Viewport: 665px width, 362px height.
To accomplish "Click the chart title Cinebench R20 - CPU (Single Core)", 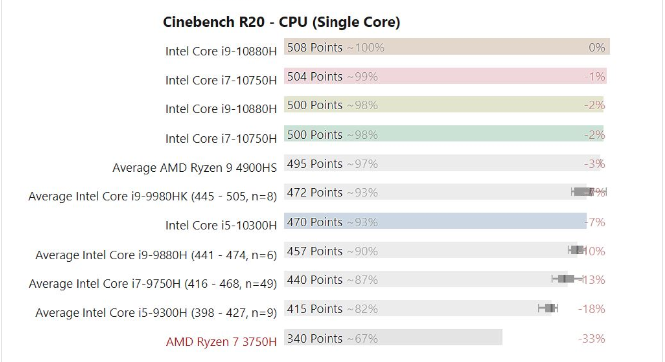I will (x=281, y=22).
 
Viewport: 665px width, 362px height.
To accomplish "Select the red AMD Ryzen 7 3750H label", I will (x=221, y=342).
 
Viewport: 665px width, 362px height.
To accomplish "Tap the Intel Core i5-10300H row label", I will (x=221, y=225).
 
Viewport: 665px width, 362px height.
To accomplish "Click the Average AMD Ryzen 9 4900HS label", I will (x=194, y=168).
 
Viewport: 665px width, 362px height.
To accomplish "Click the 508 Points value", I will (x=315, y=47).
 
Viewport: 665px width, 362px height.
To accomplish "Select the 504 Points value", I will (x=315, y=76).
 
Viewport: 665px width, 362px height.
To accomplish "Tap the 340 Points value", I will (x=315, y=338).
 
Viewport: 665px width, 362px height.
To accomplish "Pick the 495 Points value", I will (x=315, y=164).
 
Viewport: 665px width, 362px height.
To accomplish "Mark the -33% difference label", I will (x=591, y=339).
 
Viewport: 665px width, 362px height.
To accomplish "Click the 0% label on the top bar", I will (x=597, y=47).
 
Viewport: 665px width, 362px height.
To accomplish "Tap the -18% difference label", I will (x=591, y=309).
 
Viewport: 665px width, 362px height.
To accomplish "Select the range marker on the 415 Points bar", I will (x=548, y=308).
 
